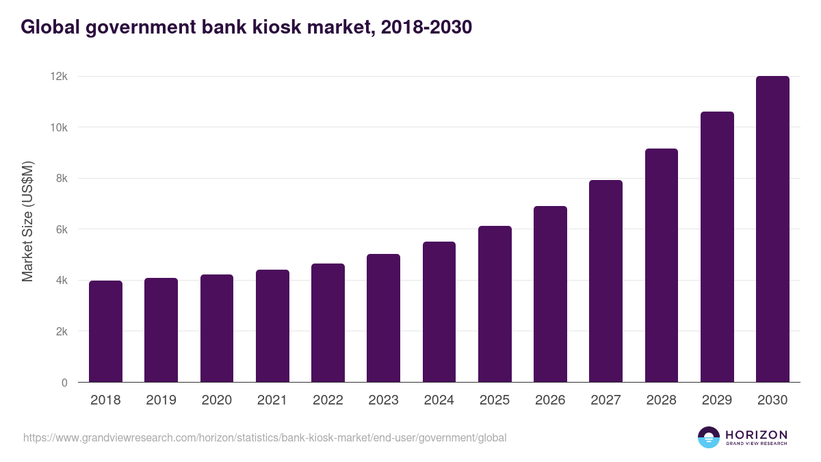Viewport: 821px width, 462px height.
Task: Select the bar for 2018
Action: tap(105, 331)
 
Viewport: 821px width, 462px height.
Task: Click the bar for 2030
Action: tap(772, 229)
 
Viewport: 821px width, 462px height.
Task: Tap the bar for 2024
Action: tap(439, 312)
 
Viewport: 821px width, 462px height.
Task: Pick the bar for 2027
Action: tap(605, 281)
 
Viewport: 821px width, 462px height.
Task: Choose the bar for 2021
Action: tap(272, 326)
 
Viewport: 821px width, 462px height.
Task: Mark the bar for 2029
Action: tap(717, 247)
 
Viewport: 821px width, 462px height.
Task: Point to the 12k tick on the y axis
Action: tap(58, 77)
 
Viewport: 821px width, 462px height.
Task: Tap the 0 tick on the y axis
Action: tap(64, 383)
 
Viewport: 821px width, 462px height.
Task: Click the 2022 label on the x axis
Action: tap(328, 400)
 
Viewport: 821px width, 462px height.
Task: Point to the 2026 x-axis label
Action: tap(550, 400)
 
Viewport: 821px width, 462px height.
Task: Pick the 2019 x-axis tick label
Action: tap(161, 400)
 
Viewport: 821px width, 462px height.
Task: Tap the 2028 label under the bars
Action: tap(661, 400)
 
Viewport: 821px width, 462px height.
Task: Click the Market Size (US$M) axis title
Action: tap(27, 221)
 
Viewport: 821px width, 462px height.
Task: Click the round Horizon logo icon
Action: tap(709, 437)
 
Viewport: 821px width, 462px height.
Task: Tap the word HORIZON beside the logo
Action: tap(756, 435)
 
